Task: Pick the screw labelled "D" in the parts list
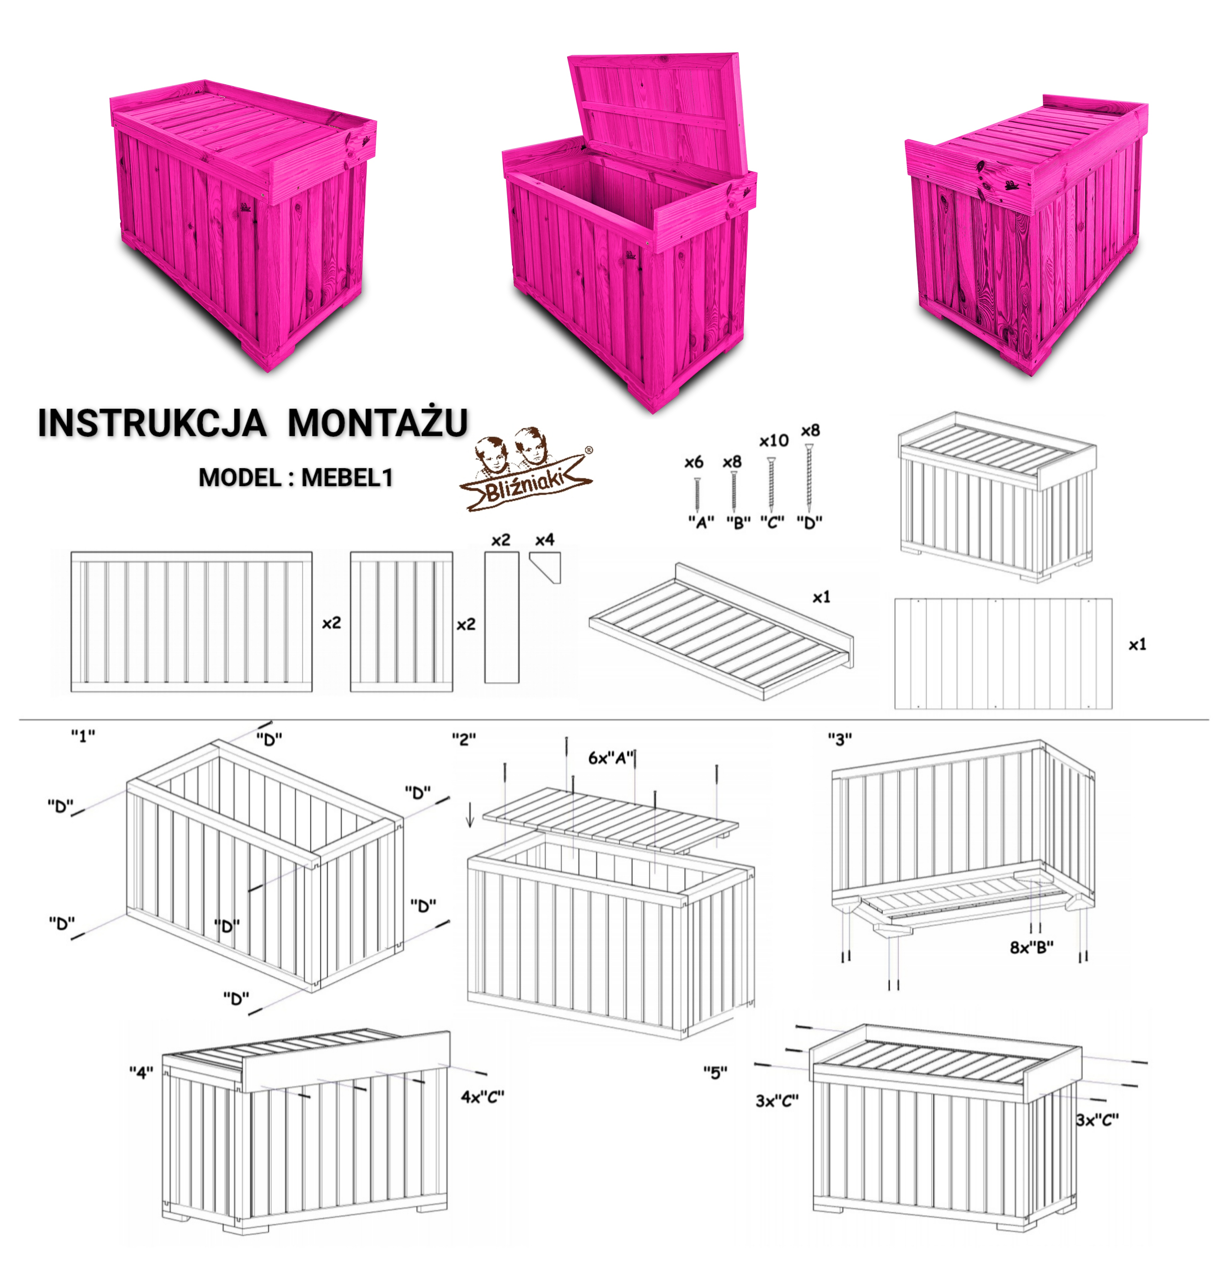tap(809, 478)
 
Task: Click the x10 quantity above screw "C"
tap(774, 441)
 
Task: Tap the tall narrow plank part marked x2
tap(502, 617)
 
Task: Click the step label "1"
tap(83, 736)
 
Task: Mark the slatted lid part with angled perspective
tap(721, 631)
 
